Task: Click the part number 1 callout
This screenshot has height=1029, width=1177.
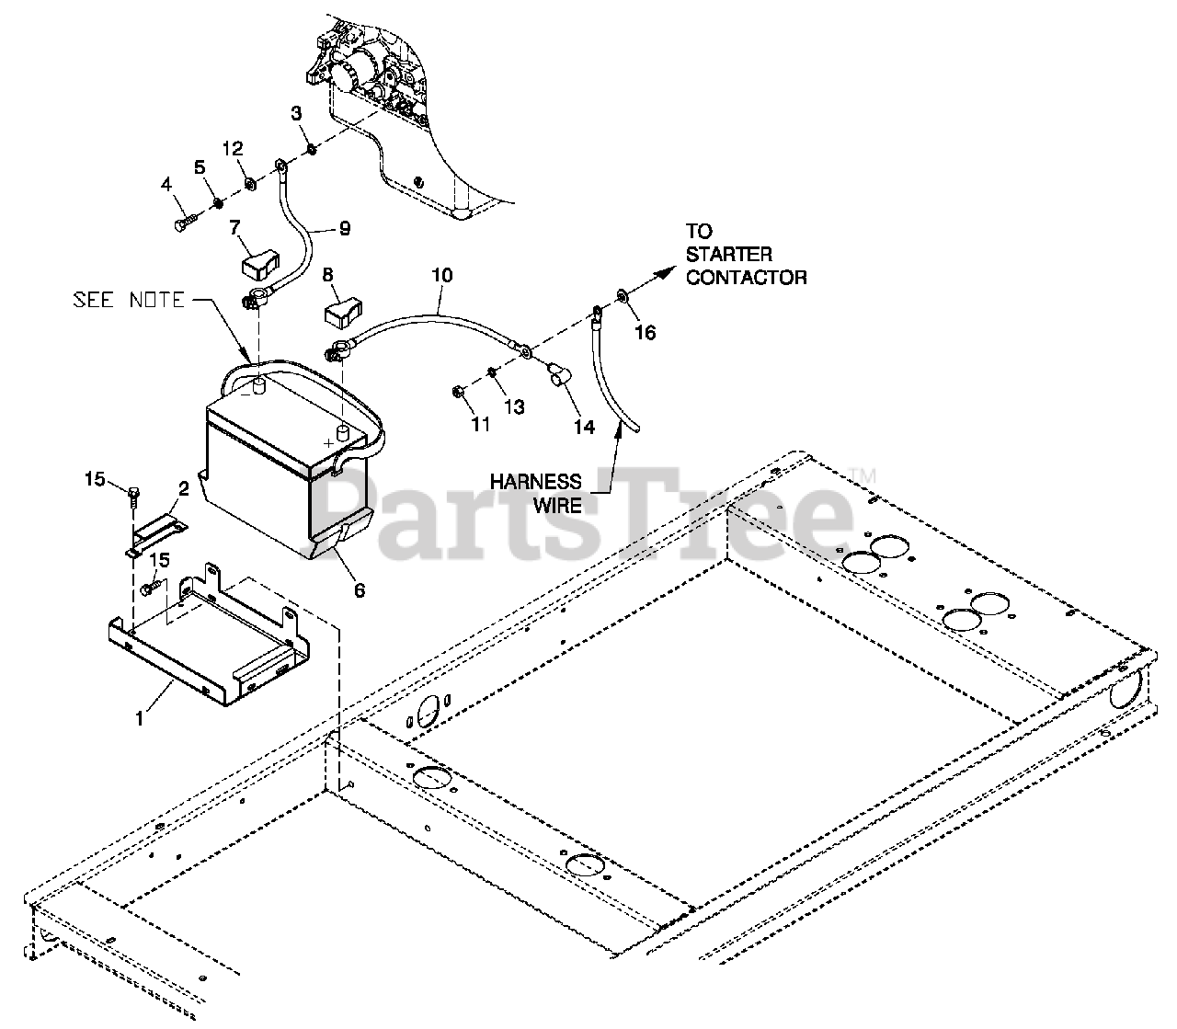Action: [140, 718]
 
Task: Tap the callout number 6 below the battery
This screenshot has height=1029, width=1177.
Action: [360, 590]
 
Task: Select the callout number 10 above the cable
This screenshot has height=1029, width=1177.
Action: [441, 275]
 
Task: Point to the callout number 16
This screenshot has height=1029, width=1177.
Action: [646, 332]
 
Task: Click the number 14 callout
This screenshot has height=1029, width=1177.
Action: [583, 426]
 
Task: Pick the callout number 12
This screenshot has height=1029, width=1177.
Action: [233, 149]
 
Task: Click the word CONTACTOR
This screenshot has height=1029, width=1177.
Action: [746, 277]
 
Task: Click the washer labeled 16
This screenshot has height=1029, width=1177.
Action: [622, 295]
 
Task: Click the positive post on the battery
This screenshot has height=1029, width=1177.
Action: [344, 432]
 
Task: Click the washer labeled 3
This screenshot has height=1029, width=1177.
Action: [312, 148]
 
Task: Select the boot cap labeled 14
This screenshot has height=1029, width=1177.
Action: [556, 374]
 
